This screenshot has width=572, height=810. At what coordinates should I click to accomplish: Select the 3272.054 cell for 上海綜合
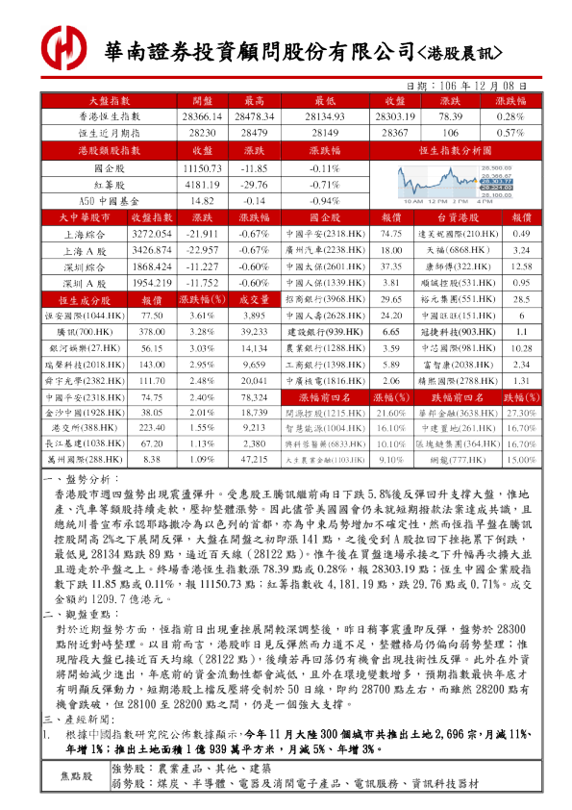[151, 235]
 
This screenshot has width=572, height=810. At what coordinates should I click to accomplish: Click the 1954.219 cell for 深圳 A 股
[151, 284]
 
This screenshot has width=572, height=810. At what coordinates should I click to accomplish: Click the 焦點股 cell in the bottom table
[77, 775]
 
